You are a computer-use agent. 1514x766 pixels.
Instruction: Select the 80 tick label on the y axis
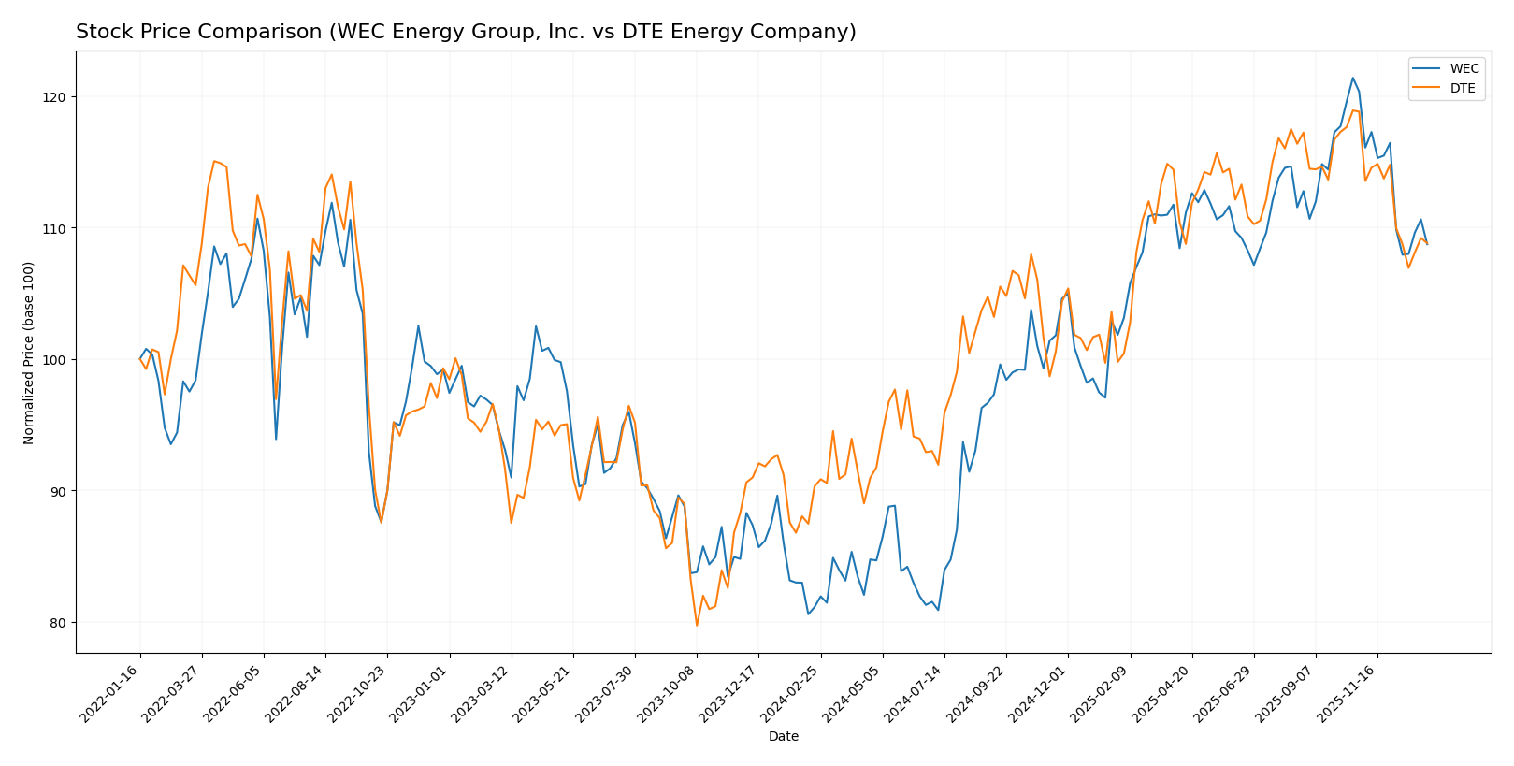[x=58, y=623]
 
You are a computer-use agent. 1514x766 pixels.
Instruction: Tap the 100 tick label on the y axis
[x=54, y=360]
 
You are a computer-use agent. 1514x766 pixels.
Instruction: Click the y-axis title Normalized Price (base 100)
[x=29, y=353]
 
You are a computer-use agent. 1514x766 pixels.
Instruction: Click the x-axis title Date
[x=783, y=737]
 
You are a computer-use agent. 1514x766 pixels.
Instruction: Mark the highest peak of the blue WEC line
[x=1352, y=78]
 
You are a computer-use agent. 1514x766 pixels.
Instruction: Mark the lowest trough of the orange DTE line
[x=696, y=625]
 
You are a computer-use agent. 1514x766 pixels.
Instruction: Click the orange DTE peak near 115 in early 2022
[x=214, y=161]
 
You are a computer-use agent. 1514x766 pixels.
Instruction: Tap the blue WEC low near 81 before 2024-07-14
[x=938, y=610]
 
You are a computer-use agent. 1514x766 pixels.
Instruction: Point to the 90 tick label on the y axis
[x=58, y=491]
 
